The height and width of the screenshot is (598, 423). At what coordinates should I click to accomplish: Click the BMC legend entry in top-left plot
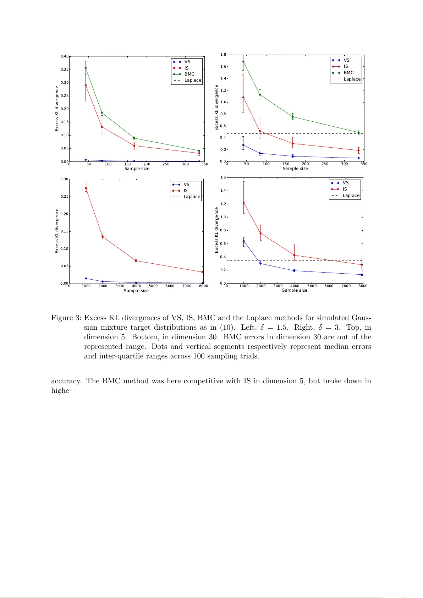189,74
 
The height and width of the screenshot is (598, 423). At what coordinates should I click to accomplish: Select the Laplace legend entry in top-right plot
352,79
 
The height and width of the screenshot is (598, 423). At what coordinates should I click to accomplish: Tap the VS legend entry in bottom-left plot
186,185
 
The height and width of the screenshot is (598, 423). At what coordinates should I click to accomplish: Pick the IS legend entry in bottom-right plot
345,189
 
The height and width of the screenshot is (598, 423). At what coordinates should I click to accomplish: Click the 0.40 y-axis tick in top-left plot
64,56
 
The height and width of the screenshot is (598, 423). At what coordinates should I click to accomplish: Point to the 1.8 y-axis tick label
223,55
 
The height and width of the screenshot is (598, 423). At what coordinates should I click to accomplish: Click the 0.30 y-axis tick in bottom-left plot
64,179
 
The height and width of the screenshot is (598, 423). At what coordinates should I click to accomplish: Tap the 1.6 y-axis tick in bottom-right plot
223,177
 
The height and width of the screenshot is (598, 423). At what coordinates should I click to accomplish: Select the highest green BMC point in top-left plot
86,68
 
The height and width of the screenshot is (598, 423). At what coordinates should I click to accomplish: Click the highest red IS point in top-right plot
243,97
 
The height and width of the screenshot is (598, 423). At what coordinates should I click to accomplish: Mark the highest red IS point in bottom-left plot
86,188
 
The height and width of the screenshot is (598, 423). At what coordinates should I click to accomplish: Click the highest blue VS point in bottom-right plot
243,241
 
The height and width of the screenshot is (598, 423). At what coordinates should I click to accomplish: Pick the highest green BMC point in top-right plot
243,61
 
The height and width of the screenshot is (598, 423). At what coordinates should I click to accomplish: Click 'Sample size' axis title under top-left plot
137,169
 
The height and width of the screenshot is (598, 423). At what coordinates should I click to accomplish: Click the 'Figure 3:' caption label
67,318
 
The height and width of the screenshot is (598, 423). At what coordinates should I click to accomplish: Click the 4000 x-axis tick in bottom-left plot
136,286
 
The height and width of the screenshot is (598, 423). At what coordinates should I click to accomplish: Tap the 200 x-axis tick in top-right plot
305,164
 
